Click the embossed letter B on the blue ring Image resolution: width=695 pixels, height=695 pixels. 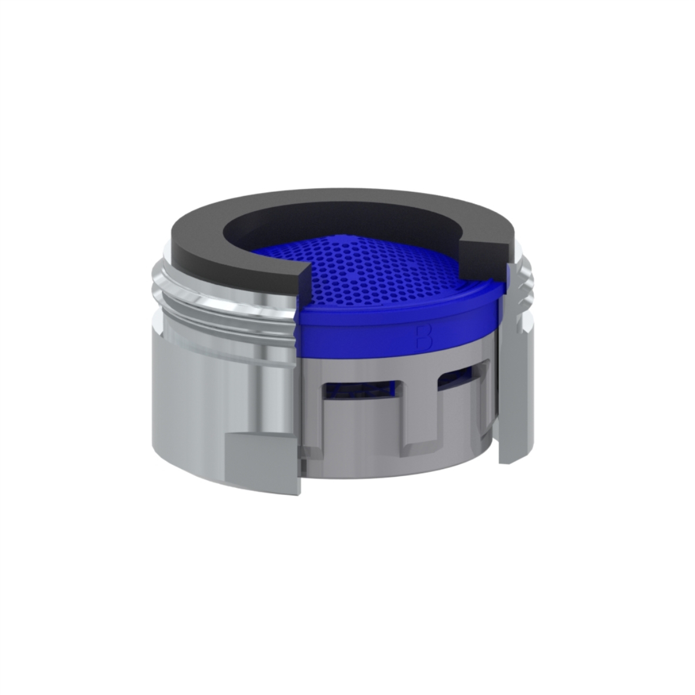tap(424, 338)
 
